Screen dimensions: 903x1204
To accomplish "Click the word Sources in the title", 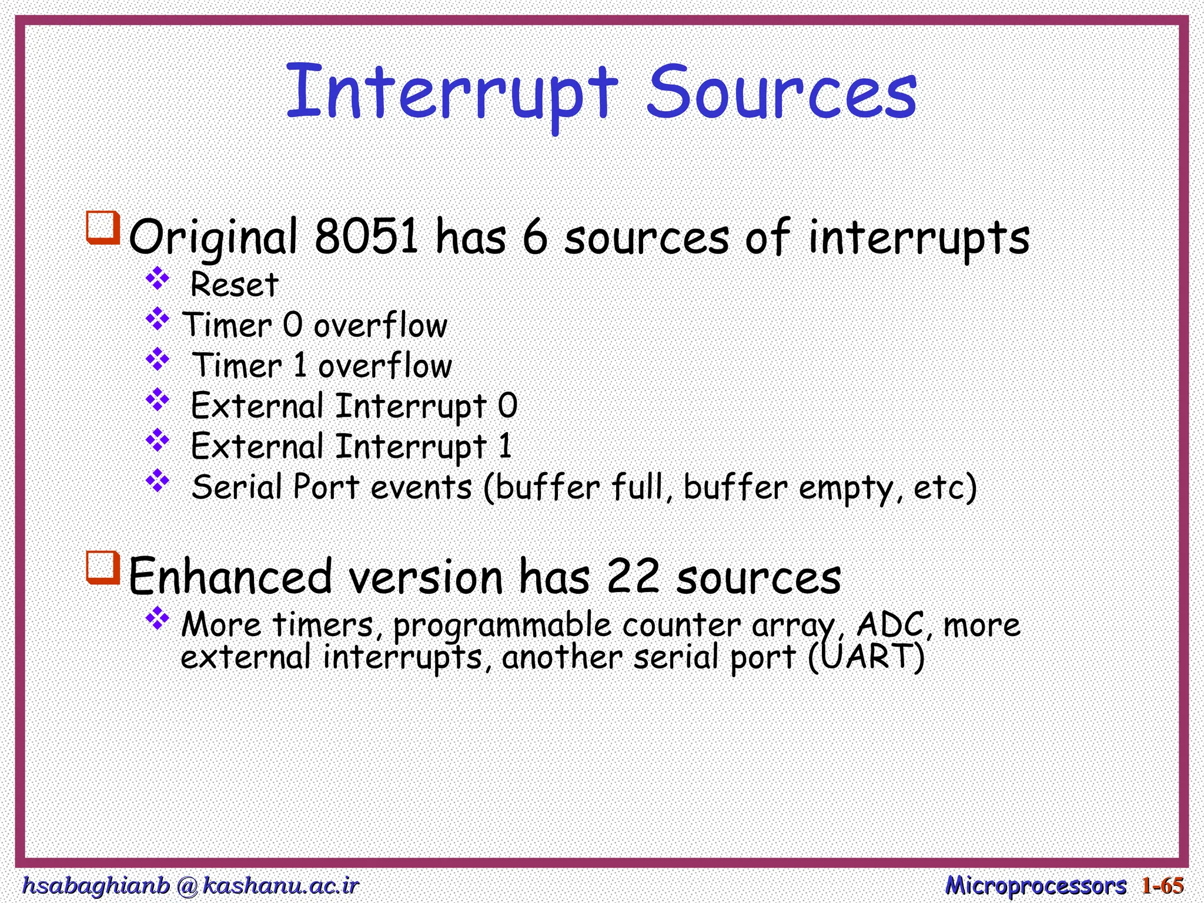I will tap(782, 94).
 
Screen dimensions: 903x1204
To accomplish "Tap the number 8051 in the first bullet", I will tap(366, 236).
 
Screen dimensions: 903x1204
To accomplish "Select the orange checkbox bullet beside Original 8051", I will tap(103, 228).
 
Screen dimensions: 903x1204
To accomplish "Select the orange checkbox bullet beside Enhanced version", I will tap(103, 567).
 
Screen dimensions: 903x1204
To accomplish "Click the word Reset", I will tap(234, 285).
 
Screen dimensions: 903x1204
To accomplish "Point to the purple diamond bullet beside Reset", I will tap(158, 279).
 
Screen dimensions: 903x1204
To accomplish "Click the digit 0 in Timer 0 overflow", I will tap(292, 325).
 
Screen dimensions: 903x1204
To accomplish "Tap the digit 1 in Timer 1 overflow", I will tap(300, 366).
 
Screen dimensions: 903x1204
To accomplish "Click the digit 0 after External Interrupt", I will tap(507, 406).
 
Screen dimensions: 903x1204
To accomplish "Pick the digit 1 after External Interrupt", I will tap(505, 446).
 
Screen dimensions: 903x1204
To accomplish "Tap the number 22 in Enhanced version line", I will tap(633, 576).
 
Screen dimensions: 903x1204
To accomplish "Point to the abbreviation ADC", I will tap(890, 624).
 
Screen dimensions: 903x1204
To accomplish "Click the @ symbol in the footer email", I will tap(186, 885).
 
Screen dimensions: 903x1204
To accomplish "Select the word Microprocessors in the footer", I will tap(1035, 885).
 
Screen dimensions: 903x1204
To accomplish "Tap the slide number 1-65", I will tap(1162, 885).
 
